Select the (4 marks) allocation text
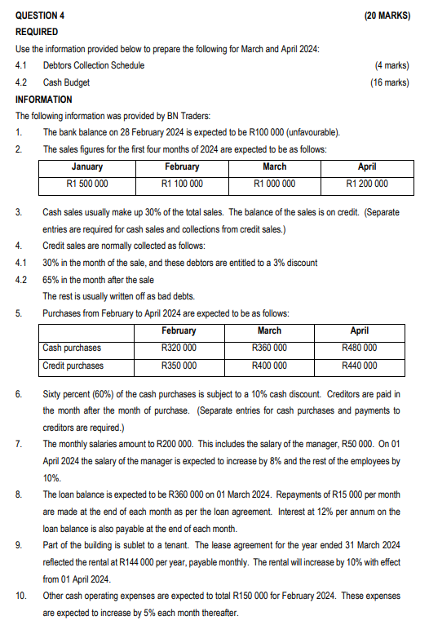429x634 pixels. click(391, 64)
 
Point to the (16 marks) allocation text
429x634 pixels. click(390, 82)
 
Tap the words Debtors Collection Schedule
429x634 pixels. click(94, 64)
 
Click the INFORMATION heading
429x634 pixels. click(44, 99)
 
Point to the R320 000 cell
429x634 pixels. click(179, 348)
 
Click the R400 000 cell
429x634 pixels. click(269, 365)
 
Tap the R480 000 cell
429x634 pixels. click(359, 348)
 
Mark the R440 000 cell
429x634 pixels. click(359, 365)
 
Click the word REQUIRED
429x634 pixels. click(37, 31)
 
